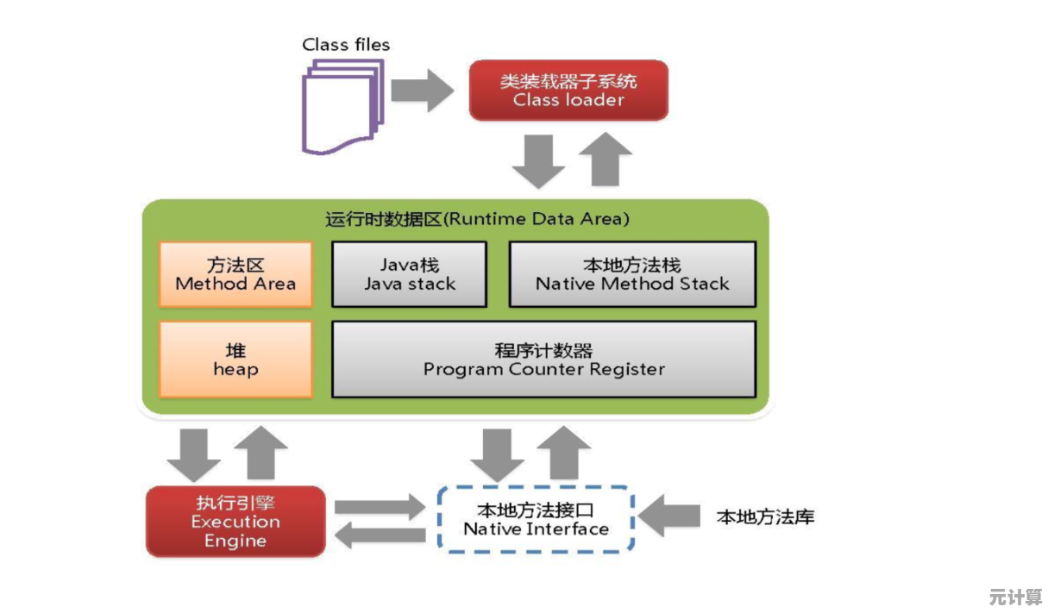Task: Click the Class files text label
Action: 345,44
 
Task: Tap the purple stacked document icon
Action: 339,107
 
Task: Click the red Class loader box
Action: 568,90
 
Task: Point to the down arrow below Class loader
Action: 539,160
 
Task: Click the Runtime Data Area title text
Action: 477,219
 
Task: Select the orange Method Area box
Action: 235,274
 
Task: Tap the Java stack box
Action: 409,274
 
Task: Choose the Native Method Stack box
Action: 631,274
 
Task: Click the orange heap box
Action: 235,360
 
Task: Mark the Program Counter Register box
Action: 543,360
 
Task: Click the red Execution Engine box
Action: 235,522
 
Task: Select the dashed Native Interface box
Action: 536,519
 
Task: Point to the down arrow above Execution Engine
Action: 194,453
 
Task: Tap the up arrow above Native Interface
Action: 564,453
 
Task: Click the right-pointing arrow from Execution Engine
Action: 380,508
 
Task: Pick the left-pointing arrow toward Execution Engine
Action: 380,536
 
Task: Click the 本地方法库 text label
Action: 765,517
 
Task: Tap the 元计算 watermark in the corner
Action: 1015,597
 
